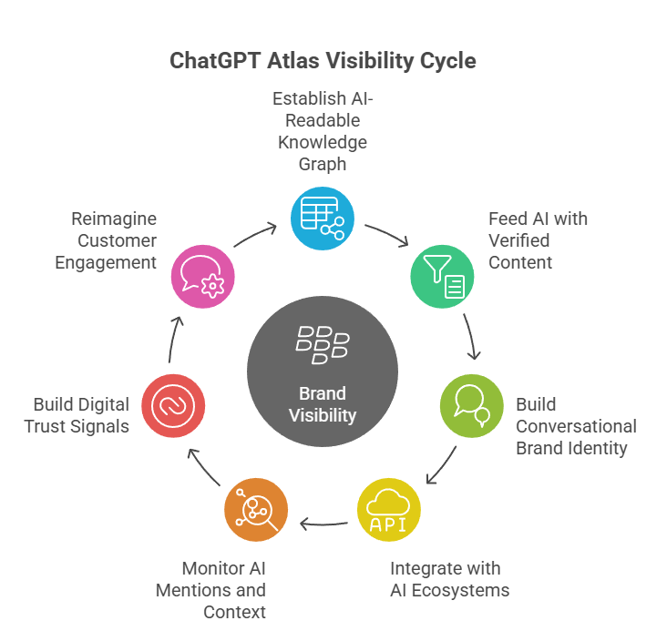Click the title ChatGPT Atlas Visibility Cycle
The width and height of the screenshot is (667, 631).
323,61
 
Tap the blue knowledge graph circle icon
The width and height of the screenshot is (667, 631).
322,219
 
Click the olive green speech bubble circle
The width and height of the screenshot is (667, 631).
472,403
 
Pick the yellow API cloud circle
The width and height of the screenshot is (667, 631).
389,511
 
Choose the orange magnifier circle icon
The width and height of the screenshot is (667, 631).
256,511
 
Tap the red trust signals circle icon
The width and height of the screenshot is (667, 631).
173,403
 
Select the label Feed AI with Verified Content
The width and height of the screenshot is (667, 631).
538,240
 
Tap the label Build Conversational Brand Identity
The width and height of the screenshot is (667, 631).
576,426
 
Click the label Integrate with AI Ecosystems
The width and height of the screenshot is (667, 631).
449,579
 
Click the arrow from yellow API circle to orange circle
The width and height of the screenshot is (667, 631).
323,524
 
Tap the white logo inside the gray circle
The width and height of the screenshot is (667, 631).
323,345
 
